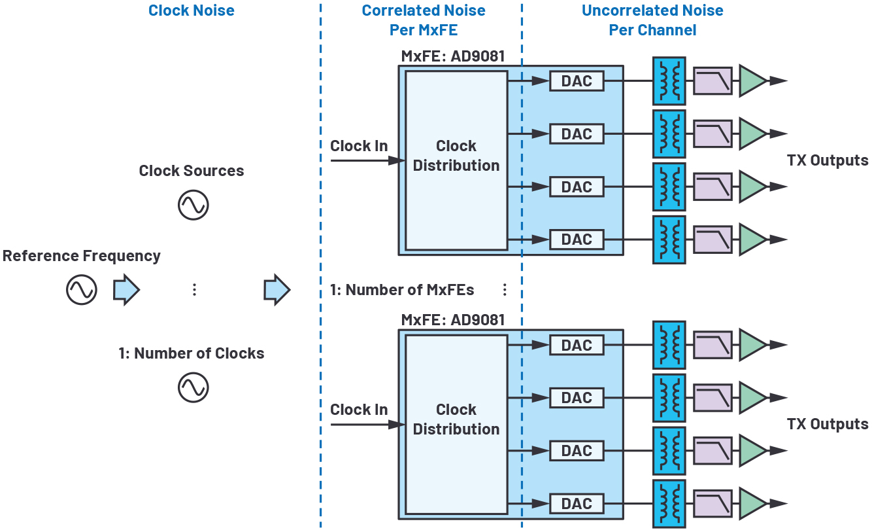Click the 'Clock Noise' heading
191,10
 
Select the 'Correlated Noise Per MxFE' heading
424,20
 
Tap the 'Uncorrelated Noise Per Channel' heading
652,20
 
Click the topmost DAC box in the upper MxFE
577,81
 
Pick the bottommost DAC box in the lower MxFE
577,504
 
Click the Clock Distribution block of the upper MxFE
456,160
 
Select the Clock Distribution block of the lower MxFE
456,425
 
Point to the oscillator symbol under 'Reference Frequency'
81,290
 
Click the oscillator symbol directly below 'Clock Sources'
193,205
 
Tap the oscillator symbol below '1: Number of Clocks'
193,387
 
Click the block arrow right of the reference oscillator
126,290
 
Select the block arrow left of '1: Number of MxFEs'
277,290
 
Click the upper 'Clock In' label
359,146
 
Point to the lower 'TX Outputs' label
828,424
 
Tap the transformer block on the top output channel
669,81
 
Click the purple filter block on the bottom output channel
713,504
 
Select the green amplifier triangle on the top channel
752,81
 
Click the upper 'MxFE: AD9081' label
453,56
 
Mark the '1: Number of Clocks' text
192,353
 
